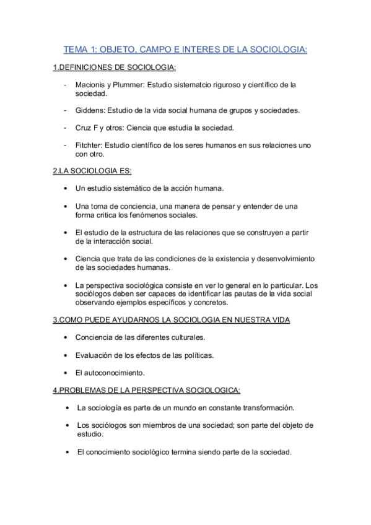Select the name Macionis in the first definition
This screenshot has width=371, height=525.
click(x=92, y=84)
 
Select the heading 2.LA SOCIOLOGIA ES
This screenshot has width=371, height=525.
click(x=92, y=170)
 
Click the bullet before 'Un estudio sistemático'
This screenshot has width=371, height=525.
click(x=66, y=188)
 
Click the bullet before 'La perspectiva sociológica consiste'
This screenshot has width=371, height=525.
click(x=66, y=285)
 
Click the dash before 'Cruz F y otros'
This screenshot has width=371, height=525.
click(x=65, y=128)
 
